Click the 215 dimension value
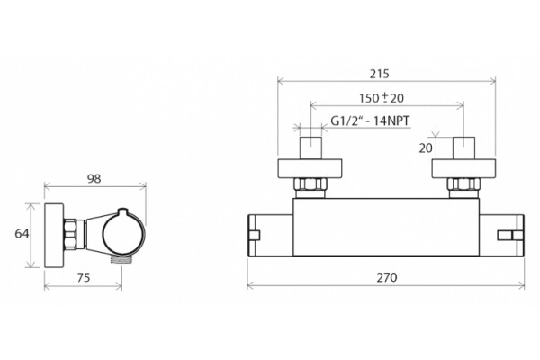click(x=380, y=74)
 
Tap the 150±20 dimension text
click(x=382, y=98)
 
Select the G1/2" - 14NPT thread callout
click(x=370, y=121)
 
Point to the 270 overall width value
click(x=387, y=277)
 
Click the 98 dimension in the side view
click(x=94, y=179)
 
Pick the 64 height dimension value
click(x=22, y=234)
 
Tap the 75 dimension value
click(x=84, y=277)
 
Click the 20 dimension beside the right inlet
click(x=426, y=148)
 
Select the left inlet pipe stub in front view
click(x=310, y=148)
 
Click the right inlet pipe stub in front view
click(x=463, y=148)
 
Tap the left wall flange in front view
click(x=310, y=169)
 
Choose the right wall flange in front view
click(x=463, y=169)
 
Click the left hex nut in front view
click(x=310, y=184)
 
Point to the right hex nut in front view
click(x=463, y=184)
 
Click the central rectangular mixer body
click(x=386, y=228)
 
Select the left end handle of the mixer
click(x=270, y=235)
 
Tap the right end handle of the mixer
click(x=502, y=235)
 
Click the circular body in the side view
click(x=123, y=234)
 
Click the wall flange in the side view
click(x=54, y=235)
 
